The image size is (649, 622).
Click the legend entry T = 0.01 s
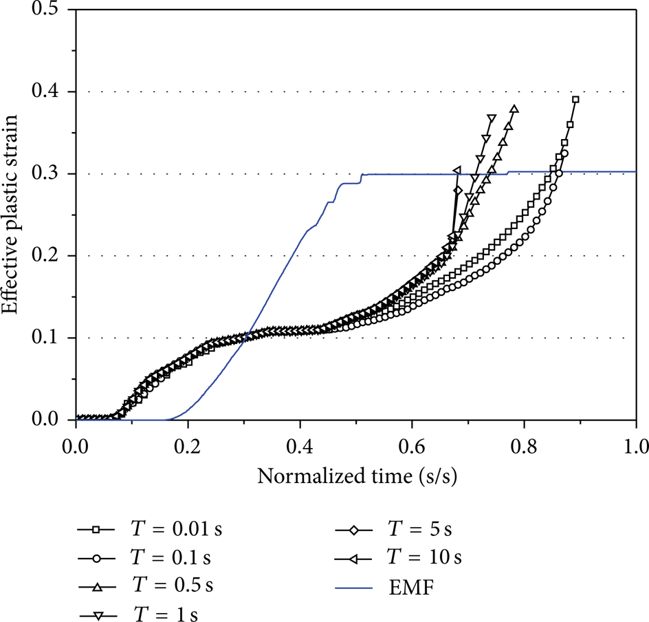coord(149,529)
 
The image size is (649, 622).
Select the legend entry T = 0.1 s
coord(144,557)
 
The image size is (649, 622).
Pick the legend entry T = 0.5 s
coord(145,586)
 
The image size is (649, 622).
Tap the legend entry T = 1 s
coord(138,613)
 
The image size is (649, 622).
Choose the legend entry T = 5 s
coord(393,529)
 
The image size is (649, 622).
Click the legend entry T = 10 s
coord(398,557)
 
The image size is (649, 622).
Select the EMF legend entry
coord(384,586)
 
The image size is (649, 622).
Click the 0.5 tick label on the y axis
coord(45,9)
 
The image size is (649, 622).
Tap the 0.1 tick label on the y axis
coord(45,338)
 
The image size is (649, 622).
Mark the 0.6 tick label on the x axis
coord(412,447)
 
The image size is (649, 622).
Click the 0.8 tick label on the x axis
coord(524,447)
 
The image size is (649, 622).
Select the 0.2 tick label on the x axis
coord(188,447)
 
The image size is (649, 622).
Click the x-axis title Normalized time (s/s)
coord(357,476)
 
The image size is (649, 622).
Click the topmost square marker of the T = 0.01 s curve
coord(575,99)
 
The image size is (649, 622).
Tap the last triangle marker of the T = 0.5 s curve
coord(514,109)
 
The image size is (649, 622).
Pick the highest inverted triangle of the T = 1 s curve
coord(492,118)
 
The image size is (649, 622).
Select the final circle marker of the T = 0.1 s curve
coord(564,153)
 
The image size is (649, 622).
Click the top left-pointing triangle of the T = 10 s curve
coord(457,170)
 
